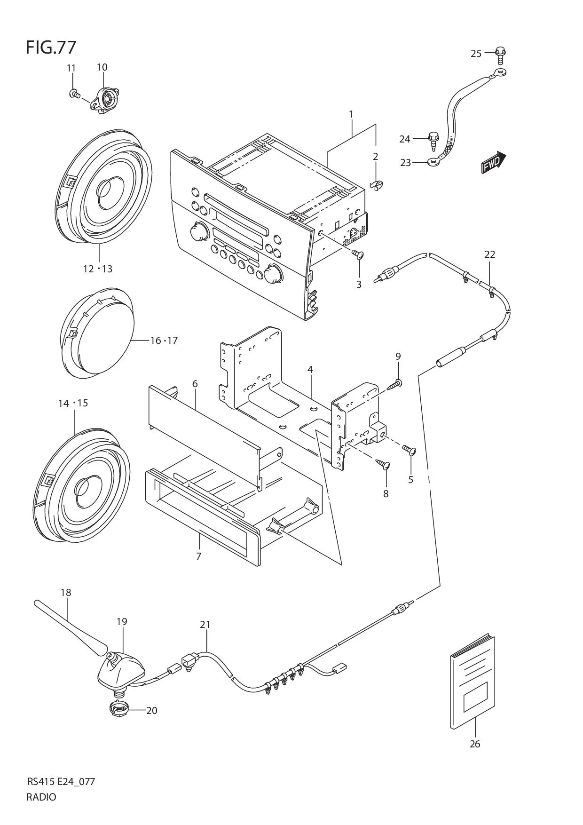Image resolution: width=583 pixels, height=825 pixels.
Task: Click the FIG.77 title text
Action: pyautogui.click(x=51, y=48)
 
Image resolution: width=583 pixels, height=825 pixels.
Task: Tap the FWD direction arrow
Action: pyautogui.click(x=493, y=163)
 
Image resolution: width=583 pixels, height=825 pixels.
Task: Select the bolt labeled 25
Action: pyautogui.click(x=501, y=55)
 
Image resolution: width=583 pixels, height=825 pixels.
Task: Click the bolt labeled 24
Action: pyautogui.click(x=433, y=141)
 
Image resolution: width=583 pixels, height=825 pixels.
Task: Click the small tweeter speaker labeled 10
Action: pyautogui.click(x=105, y=99)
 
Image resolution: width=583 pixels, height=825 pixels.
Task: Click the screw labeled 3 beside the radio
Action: pyautogui.click(x=358, y=254)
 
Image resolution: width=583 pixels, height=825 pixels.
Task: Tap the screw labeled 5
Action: pyautogui.click(x=410, y=450)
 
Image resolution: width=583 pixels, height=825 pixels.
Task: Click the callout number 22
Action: pyautogui.click(x=490, y=254)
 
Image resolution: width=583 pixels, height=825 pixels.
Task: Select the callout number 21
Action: pyautogui.click(x=205, y=625)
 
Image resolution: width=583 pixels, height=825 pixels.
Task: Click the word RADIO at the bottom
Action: pyautogui.click(x=41, y=797)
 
